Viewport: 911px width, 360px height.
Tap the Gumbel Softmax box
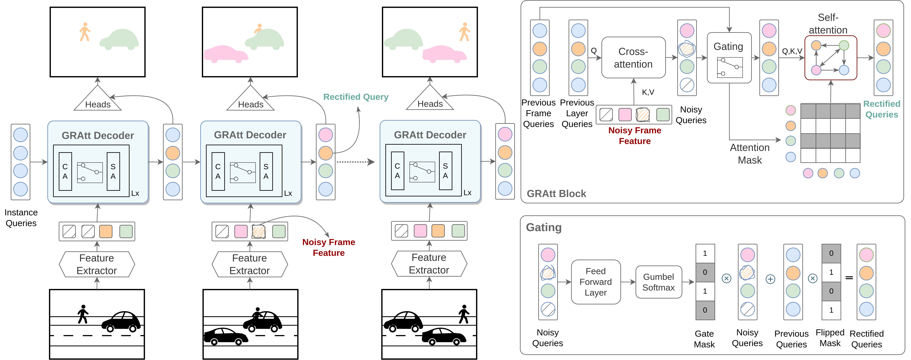coord(658,282)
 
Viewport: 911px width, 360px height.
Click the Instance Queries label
coord(21,218)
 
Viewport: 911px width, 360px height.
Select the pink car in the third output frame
coord(444,54)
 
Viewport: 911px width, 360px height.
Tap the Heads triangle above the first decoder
coord(98,100)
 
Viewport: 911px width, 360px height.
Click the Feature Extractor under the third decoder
coord(429,264)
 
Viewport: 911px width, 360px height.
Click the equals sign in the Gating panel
coord(849,278)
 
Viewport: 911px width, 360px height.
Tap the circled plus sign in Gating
coord(770,279)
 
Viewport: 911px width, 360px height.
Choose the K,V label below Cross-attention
coord(648,92)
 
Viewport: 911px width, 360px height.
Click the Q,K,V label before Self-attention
coord(792,51)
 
